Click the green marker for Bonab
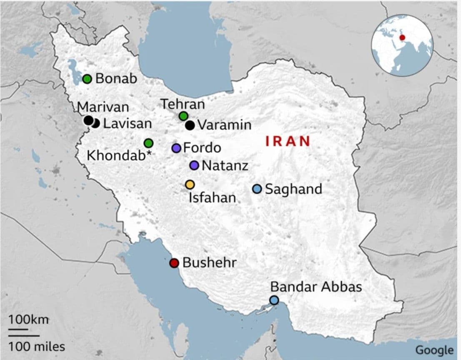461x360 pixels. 87,78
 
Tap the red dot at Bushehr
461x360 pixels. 174,263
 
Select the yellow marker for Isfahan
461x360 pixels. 190,184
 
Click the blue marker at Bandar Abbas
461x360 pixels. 274,300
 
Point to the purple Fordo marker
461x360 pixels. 176,148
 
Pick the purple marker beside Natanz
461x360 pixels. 194,165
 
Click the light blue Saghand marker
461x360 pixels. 257,189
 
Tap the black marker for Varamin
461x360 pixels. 190,125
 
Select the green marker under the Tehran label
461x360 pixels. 183,116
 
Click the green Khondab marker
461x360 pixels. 148,143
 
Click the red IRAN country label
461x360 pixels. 288,141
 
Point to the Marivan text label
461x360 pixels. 103,107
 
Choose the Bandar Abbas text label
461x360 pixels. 316,287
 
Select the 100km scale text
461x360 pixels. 28,320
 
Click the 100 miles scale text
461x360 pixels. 37,346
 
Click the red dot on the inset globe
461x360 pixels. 402,37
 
